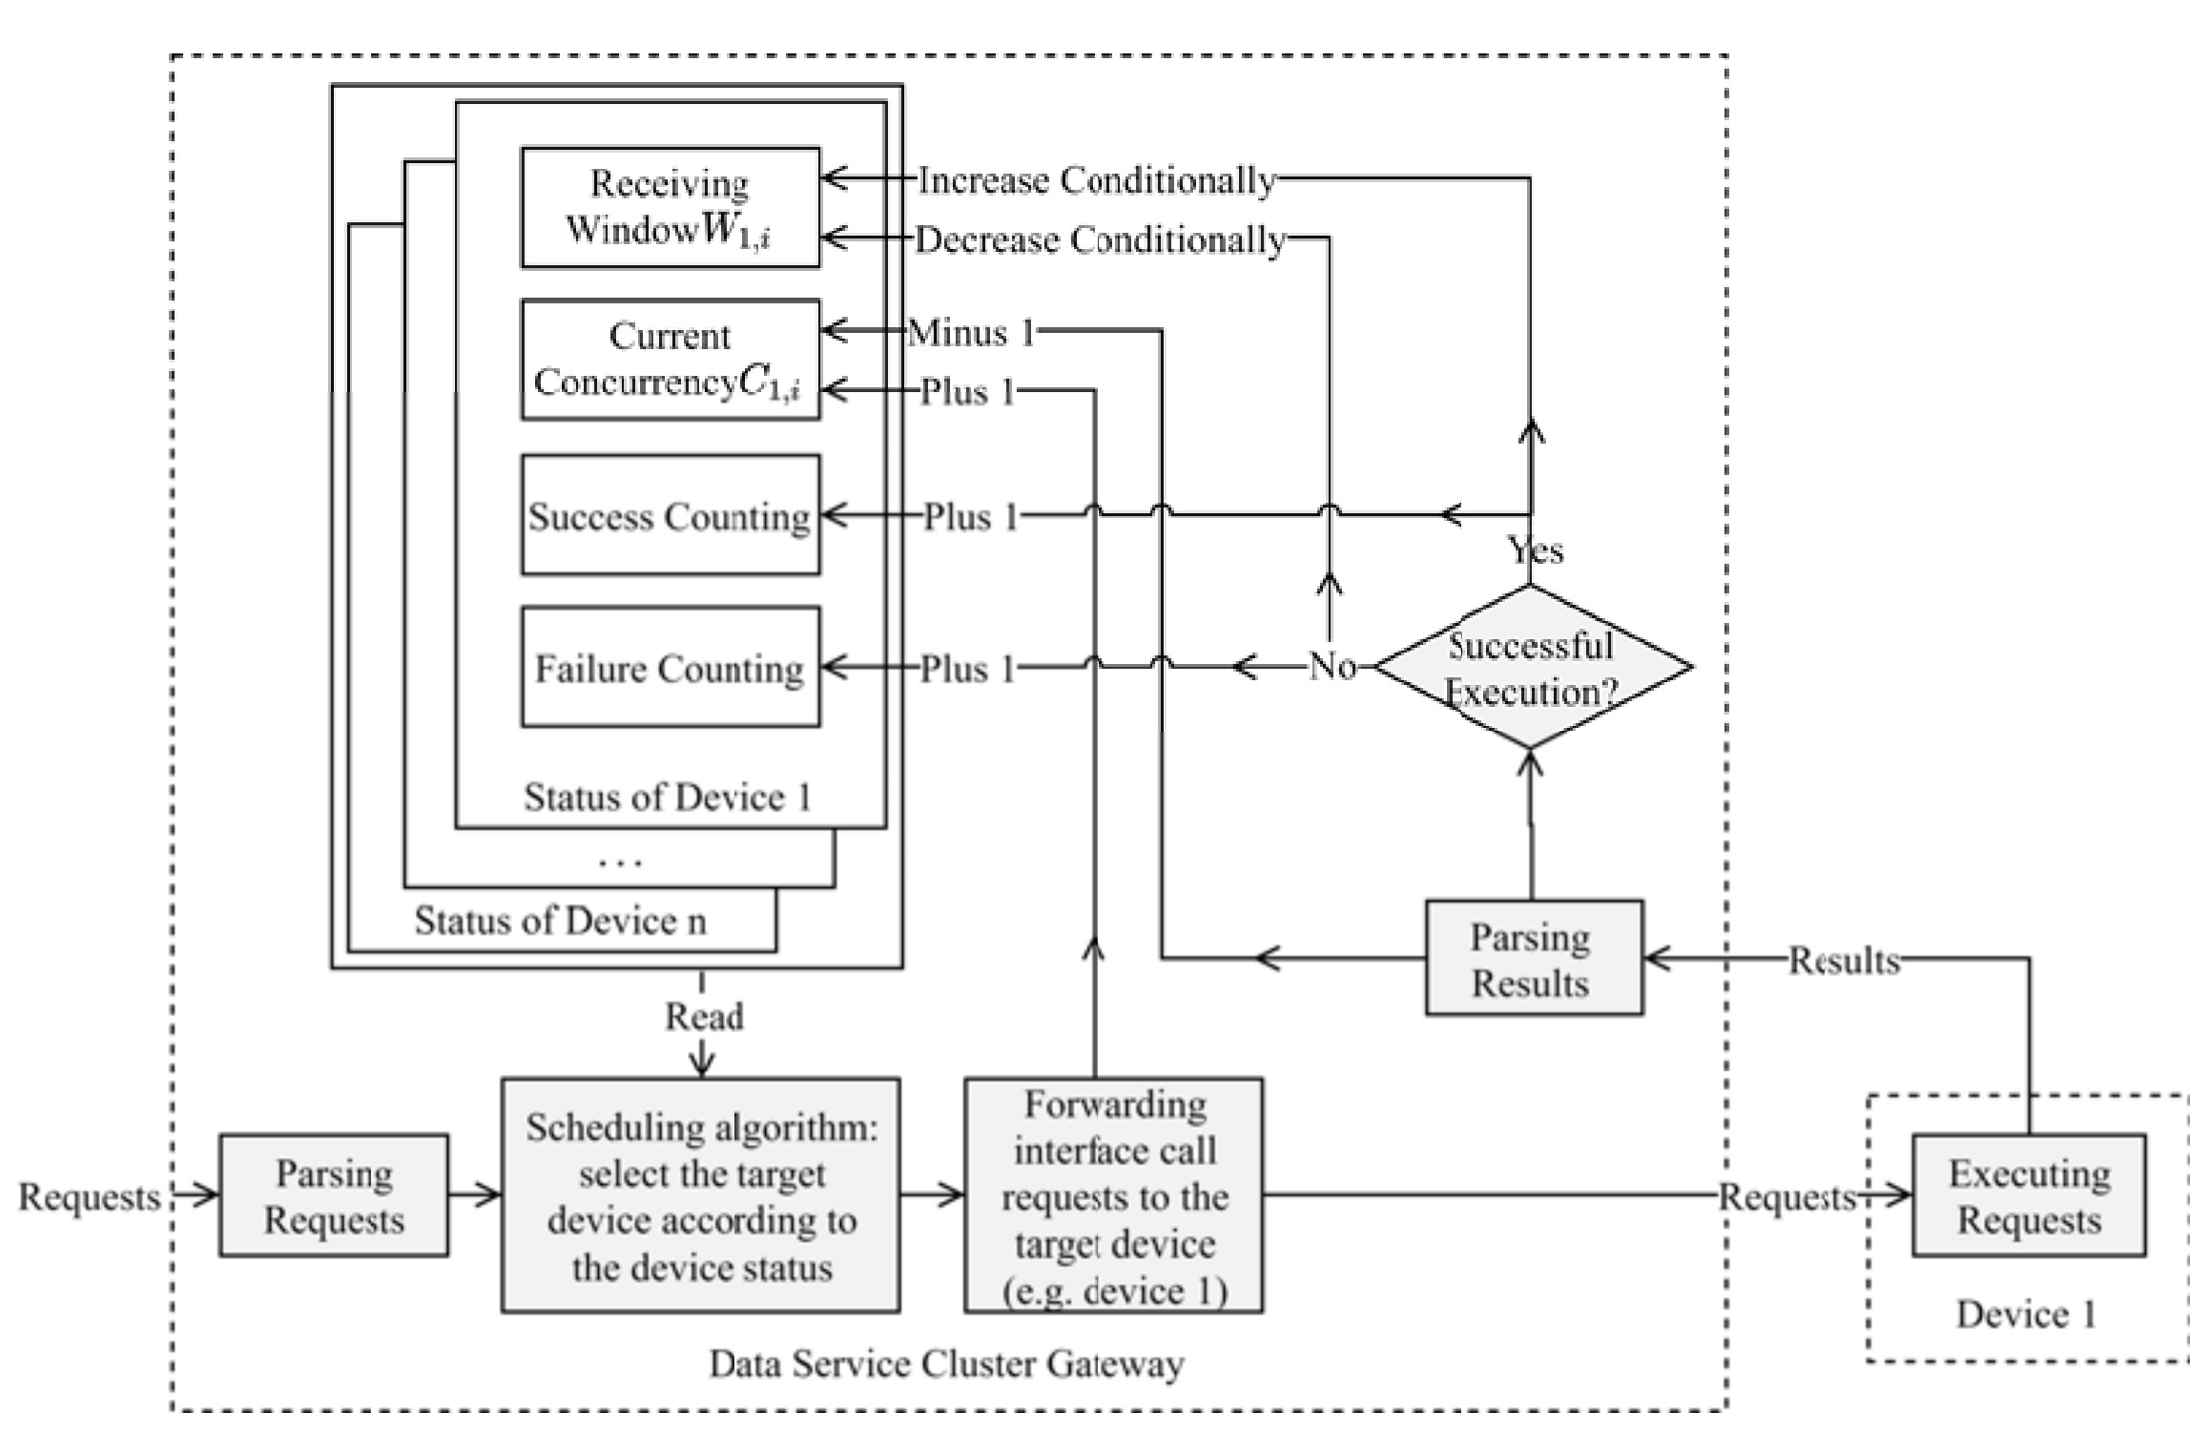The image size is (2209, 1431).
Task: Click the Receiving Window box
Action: pyautogui.click(x=670, y=207)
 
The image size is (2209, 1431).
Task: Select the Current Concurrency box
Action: pyautogui.click(x=670, y=360)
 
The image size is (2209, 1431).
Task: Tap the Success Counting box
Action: pyautogui.click(x=670, y=515)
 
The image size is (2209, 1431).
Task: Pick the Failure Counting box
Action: pyautogui.click(x=670, y=667)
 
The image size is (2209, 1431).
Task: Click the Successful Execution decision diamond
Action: pyautogui.click(x=1531, y=667)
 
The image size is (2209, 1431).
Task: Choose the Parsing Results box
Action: pyautogui.click(x=1533, y=958)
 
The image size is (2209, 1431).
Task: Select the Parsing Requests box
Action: pyautogui.click(x=334, y=1195)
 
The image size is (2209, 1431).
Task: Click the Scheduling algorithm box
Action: pyautogui.click(x=701, y=1195)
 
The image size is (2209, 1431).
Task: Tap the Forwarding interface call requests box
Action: pyautogui.click(x=1113, y=1195)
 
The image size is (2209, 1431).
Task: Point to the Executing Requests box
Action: pyautogui.click(x=2029, y=1195)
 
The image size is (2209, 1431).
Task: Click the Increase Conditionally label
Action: pyautogui.click(x=1096, y=179)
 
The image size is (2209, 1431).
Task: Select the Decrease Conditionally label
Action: pyautogui.click(x=1100, y=238)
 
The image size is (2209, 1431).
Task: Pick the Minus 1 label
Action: pyautogui.click(x=971, y=332)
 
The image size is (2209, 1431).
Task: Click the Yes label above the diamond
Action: pyautogui.click(x=1535, y=550)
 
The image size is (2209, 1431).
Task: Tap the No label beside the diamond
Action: pyautogui.click(x=1332, y=666)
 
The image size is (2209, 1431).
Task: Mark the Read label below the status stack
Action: pyautogui.click(x=704, y=1016)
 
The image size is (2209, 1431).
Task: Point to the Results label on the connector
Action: pyautogui.click(x=1844, y=960)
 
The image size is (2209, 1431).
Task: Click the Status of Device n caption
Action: pyautogui.click(x=560, y=921)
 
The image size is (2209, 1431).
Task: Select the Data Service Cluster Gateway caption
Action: pyautogui.click(x=946, y=1363)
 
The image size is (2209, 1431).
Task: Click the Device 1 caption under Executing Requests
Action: pyautogui.click(x=2026, y=1314)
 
